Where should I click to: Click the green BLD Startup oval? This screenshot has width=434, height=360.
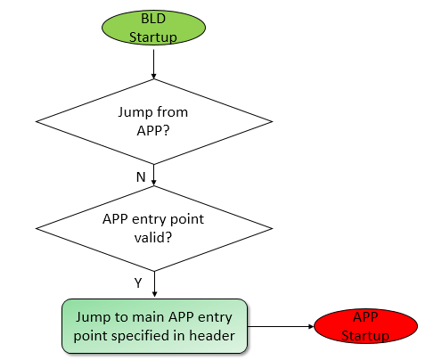coord(154,27)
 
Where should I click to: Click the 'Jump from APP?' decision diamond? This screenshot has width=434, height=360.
coord(154,120)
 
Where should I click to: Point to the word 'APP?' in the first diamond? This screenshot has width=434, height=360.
coord(154,129)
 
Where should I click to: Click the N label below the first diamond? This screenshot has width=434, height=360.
coord(141,176)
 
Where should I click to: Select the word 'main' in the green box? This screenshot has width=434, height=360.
coord(144,317)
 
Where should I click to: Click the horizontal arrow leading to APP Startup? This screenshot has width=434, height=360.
coord(281,327)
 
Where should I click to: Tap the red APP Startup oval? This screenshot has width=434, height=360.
coord(365,327)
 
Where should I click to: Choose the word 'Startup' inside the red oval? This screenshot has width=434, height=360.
coord(365,336)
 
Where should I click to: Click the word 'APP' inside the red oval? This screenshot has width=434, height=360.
coord(365,318)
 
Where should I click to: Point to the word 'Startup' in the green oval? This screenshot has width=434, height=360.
coord(154,36)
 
